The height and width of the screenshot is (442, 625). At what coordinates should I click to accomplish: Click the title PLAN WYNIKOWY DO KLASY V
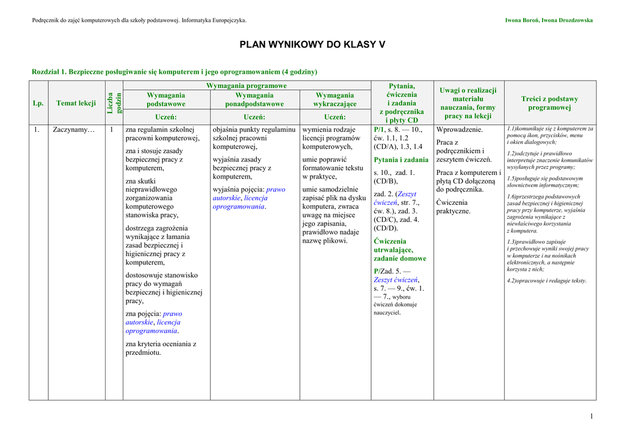click(312, 45)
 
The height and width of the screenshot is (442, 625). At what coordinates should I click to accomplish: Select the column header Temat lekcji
click(76, 103)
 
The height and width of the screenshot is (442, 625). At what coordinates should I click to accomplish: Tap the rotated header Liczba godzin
click(114, 102)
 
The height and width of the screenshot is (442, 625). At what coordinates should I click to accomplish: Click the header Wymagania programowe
click(246, 86)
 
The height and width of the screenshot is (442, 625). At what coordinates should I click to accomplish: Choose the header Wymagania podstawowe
click(165, 99)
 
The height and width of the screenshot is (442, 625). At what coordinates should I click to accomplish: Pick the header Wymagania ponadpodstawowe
click(254, 99)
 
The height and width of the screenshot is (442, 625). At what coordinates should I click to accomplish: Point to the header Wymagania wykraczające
click(334, 99)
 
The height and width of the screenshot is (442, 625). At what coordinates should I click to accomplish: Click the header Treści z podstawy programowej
click(549, 103)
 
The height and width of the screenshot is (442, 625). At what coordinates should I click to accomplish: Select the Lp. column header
click(38, 103)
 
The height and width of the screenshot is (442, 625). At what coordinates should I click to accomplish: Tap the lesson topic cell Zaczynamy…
click(74, 130)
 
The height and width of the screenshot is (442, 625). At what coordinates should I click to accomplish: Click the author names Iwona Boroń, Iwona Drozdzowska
click(549, 21)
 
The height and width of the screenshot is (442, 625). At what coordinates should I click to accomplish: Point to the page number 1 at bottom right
click(591, 416)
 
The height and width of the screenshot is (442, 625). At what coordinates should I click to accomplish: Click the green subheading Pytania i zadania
click(401, 160)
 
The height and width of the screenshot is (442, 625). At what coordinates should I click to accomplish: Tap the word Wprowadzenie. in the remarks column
click(460, 130)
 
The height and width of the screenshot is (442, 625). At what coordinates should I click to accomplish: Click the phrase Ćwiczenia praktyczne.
click(453, 207)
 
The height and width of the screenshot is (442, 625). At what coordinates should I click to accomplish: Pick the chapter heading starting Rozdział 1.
click(174, 71)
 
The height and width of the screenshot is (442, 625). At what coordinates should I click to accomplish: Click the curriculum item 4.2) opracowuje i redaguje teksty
click(546, 280)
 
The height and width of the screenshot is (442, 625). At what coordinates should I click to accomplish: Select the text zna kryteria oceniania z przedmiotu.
click(161, 348)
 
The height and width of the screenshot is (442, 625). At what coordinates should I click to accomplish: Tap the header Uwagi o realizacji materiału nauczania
click(468, 103)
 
